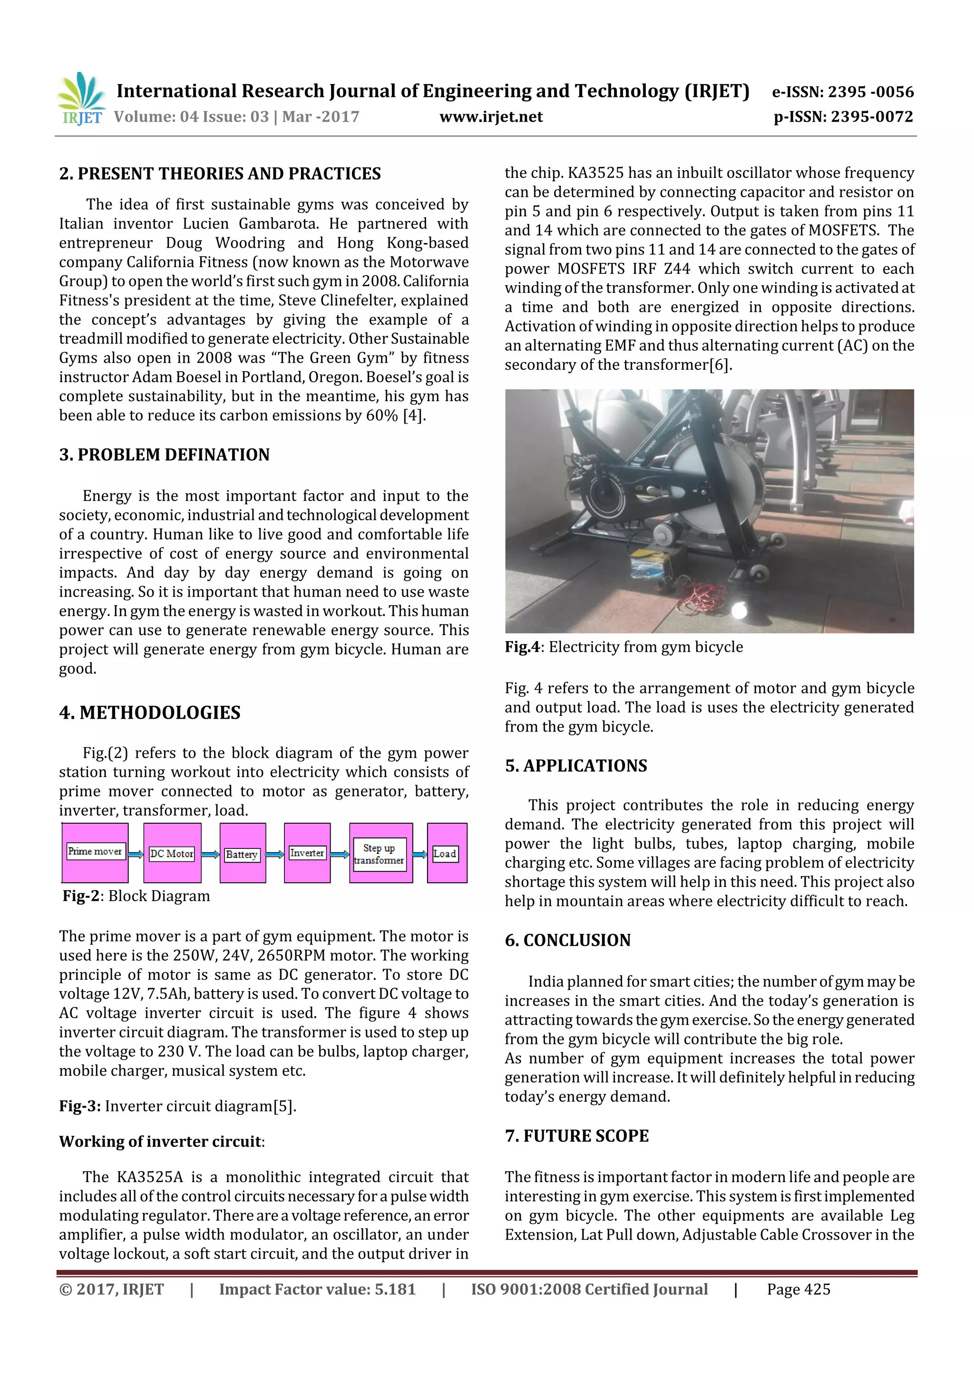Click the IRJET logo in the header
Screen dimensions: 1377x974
pos(81,99)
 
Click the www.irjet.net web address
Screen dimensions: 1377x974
pos(490,117)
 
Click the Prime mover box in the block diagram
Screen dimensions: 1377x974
pos(95,852)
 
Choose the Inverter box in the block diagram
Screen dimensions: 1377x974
pos(307,853)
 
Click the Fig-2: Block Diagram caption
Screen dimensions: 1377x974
pos(136,896)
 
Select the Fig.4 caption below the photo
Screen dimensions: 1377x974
pos(623,647)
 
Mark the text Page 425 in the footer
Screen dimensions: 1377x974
pos(798,1290)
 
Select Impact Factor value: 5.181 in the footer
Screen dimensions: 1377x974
pos(317,1290)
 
